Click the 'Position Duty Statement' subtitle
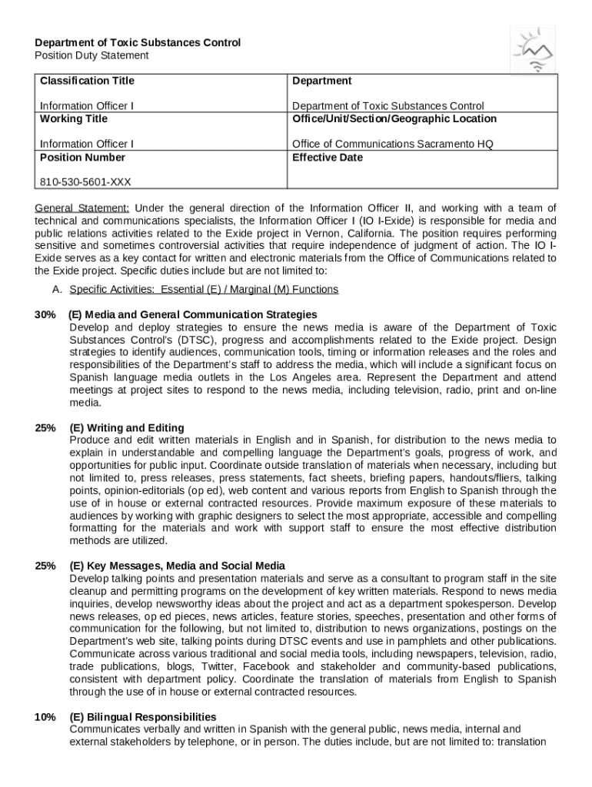pos(91,55)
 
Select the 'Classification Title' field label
pos(87,81)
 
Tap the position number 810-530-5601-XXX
pos(85,182)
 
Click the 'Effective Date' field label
pos(328,158)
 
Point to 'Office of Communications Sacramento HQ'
pos(392,144)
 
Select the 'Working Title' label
pos(74,118)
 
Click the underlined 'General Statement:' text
pos(82,208)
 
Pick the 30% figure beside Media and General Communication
pos(45,315)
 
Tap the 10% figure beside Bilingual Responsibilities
pos(45,717)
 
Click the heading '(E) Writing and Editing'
pos(126,428)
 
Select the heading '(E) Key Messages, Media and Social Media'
pos(177,566)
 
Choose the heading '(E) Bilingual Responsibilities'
pos(142,717)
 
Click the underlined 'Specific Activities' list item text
pos(203,290)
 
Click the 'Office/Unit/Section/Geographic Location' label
pos(394,118)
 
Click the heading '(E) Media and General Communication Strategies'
pos(192,315)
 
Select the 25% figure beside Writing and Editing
pos(45,428)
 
